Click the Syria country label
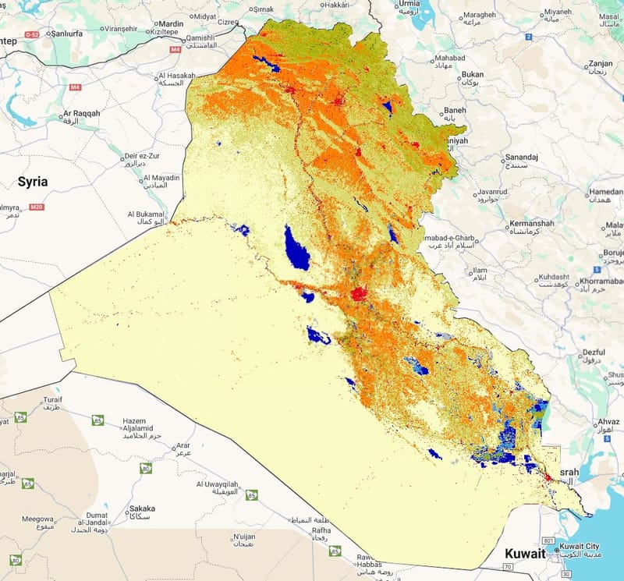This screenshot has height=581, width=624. coord(33,181)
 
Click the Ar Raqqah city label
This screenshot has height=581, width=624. coord(82,114)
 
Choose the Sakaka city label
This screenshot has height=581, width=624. coord(141,508)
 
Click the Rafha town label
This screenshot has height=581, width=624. coord(321,531)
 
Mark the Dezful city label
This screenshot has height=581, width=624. coord(594,352)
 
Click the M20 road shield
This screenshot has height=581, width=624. coord(35,207)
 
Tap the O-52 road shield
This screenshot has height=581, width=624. coord(32,35)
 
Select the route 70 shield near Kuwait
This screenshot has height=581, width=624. coord(509,554)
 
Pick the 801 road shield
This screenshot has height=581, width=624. coord(548,540)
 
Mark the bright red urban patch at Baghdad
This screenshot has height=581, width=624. coord(359,294)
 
